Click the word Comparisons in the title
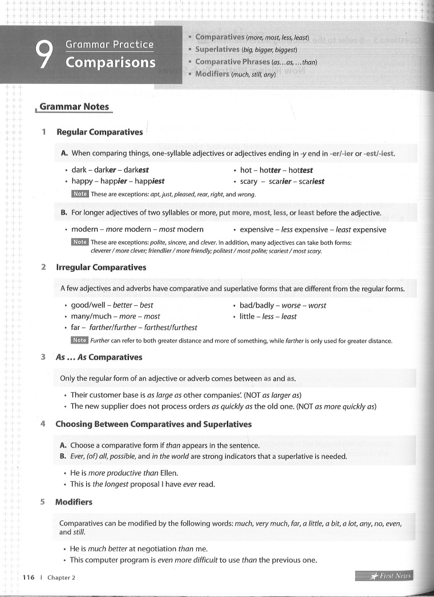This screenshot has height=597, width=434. click(111, 62)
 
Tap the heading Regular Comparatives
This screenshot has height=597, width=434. click(100, 132)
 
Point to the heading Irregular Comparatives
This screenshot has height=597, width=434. click(101, 267)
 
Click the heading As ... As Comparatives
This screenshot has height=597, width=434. click(99, 357)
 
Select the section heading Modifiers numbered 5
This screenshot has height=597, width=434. click(74, 502)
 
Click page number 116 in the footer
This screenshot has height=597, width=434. click(29, 577)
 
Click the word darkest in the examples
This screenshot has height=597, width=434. click(136, 170)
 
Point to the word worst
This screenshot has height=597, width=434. click(317, 305)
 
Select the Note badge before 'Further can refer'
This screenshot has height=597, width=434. click(79, 340)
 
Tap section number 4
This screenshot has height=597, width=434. click(43, 424)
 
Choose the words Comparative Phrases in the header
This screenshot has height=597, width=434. click(233, 62)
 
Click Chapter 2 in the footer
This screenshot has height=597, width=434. click(61, 578)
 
